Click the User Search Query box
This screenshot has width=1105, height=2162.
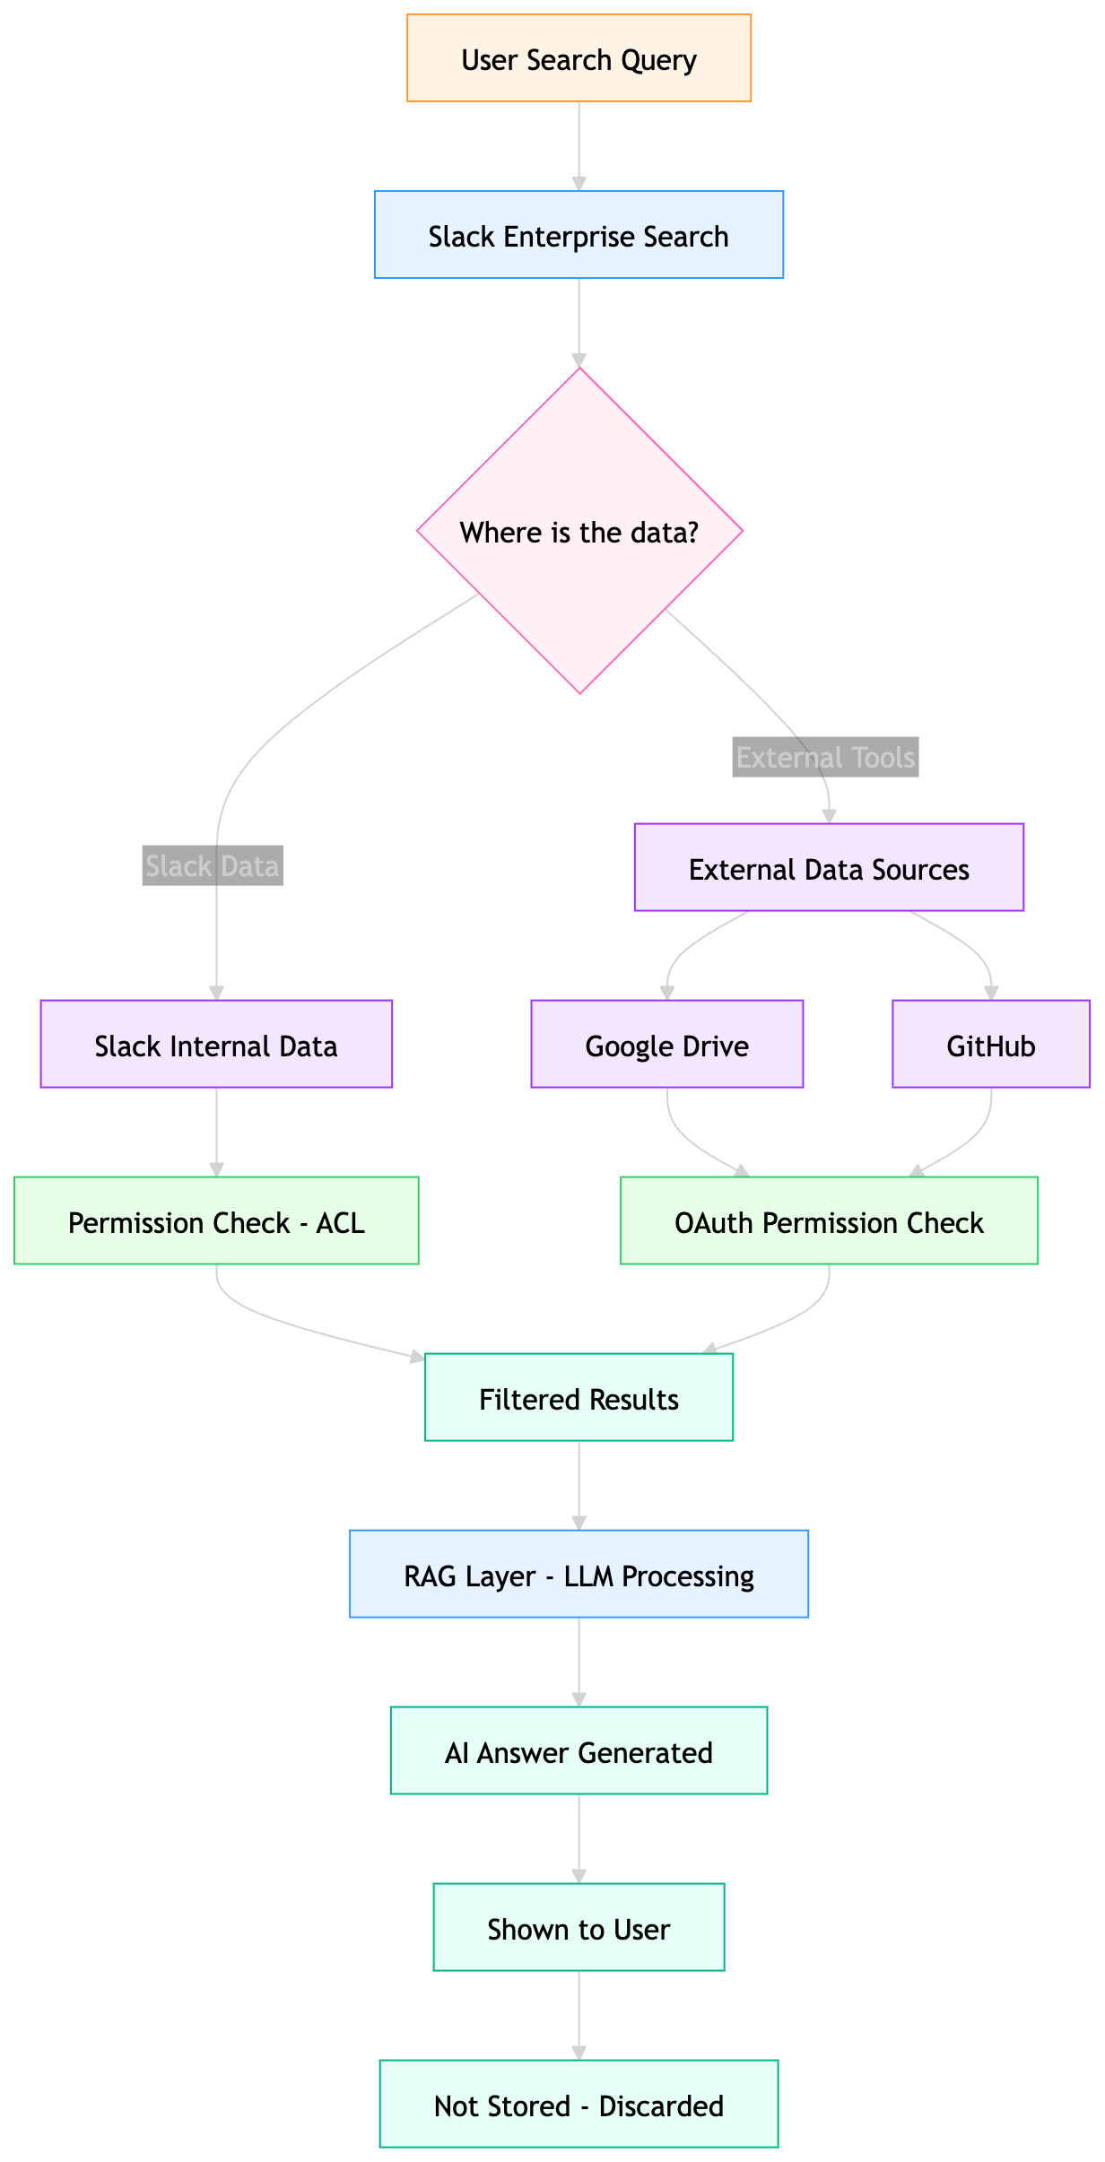[x=579, y=59]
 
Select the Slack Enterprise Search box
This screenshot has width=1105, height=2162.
[x=579, y=236]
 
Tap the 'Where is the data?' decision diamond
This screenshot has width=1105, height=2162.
[x=579, y=532]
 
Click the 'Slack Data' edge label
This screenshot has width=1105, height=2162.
[x=213, y=866]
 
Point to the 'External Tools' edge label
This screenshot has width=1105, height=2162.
[x=825, y=758]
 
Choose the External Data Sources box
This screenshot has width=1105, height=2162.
[x=829, y=869]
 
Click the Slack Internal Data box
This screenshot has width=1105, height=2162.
[x=216, y=1045]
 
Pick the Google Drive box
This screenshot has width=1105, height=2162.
[x=667, y=1045]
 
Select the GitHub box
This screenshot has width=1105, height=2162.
[x=991, y=1045]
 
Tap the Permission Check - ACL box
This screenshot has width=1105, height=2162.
[x=216, y=1221]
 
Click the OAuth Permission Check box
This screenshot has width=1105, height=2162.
[x=829, y=1221]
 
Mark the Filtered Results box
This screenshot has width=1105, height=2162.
[x=579, y=1398]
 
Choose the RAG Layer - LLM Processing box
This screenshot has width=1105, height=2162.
[x=579, y=1575]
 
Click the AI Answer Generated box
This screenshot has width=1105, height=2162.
[x=579, y=1751]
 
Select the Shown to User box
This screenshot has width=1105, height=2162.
[x=579, y=1928]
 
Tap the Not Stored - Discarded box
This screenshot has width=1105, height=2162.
[x=579, y=2105]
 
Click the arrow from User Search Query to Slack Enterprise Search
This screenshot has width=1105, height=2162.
[x=579, y=145]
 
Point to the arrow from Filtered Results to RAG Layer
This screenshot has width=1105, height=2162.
[x=579, y=1484]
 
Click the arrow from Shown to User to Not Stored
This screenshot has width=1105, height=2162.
[x=579, y=2014]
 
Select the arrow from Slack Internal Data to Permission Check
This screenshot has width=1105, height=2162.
[x=216, y=1131]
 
